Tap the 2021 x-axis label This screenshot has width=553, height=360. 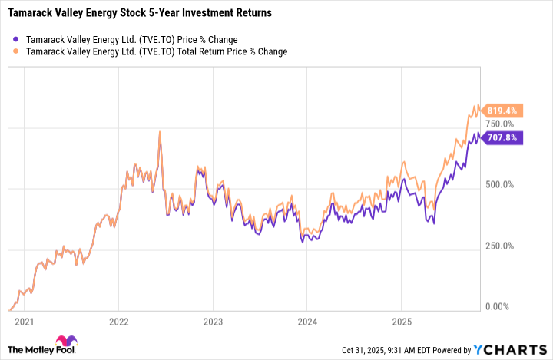coord(25,321)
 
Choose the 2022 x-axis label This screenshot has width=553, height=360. coord(118,321)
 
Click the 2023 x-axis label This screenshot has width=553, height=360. coord(213,321)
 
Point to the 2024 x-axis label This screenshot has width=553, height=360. coord(306,321)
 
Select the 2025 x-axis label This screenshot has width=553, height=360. coord(401,321)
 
